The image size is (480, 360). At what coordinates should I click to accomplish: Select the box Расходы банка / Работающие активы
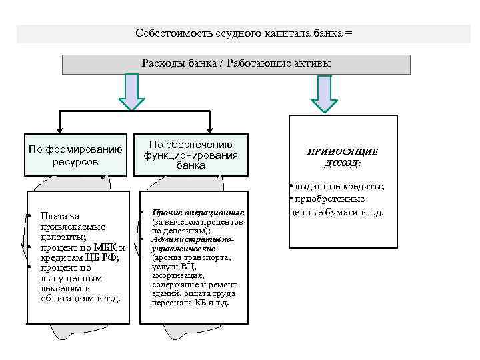pos(236,64)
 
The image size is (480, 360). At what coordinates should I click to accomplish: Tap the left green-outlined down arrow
pos(131,91)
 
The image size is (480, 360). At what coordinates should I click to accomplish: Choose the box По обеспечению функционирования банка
pos(191,155)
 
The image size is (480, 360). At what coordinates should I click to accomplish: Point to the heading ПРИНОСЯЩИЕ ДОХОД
pos(342,157)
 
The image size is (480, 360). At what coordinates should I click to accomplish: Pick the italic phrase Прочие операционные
pos(198,213)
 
